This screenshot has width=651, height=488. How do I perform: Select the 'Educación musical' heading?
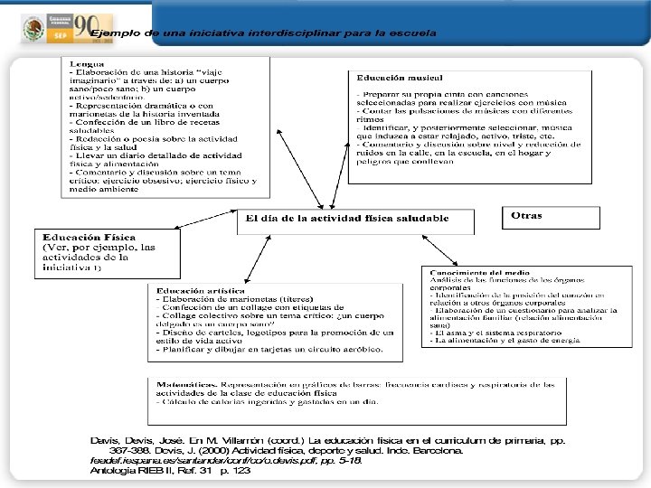coord(393,79)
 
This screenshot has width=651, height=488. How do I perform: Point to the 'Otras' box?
coord(527,216)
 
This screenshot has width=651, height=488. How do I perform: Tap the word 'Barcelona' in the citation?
coord(434,449)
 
